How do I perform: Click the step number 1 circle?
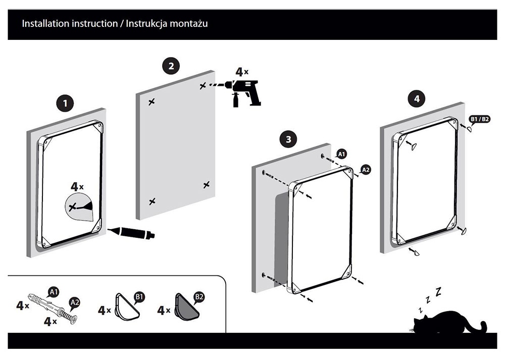click(x=64, y=104)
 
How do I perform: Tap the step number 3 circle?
click(x=287, y=140)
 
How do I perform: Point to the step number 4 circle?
click(x=417, y=99)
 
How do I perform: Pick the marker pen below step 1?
click(x=131, y=233)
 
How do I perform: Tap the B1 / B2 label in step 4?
click(x=480, y=120)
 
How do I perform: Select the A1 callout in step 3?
click(x=341, y=153)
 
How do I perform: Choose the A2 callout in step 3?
click(x=366, y=170)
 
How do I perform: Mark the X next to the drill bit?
click(x=203, y=86)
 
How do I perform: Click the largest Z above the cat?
click(x=438, y=291)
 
